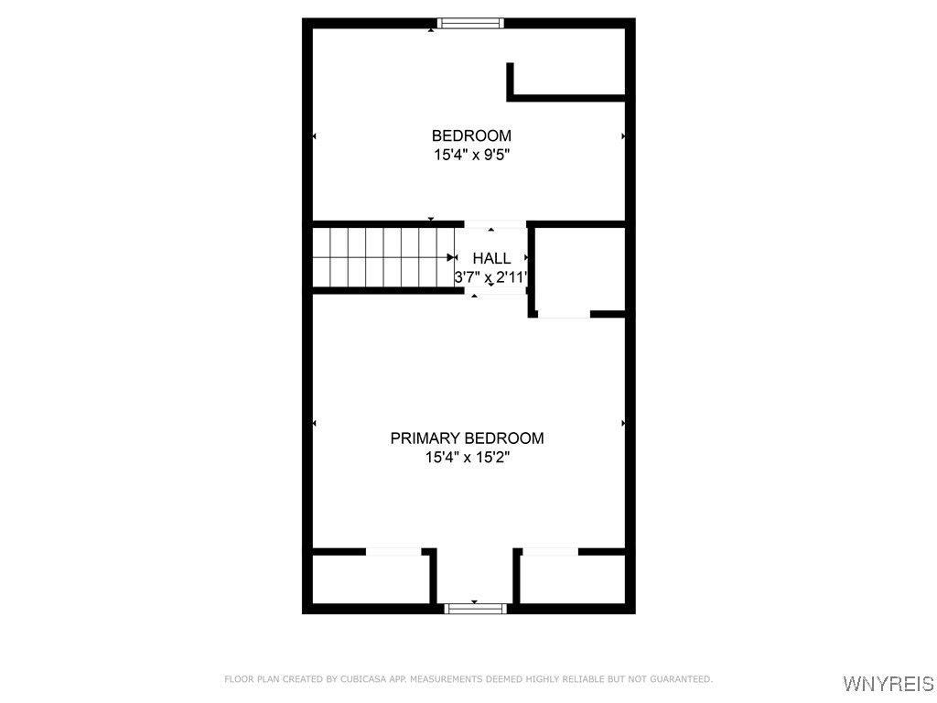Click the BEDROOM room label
[x=471, y=135]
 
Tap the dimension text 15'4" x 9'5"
[x=471, y=155]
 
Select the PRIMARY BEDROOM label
[x=468, y=438]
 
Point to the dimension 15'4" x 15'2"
[x=468, y=458]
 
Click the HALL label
[x=491, y=258]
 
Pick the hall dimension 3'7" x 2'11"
[x=490, y=277]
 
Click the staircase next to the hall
[x=383, y=257]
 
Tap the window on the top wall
[x=470, y=23]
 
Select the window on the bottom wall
[x=476, y=609]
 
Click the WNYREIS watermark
[x=889, y=683]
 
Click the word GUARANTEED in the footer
[x=681, y=679]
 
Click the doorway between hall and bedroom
[x=495, y=224]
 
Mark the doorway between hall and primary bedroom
[x=495, y=291]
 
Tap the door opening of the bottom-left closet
[x=393, y=552]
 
